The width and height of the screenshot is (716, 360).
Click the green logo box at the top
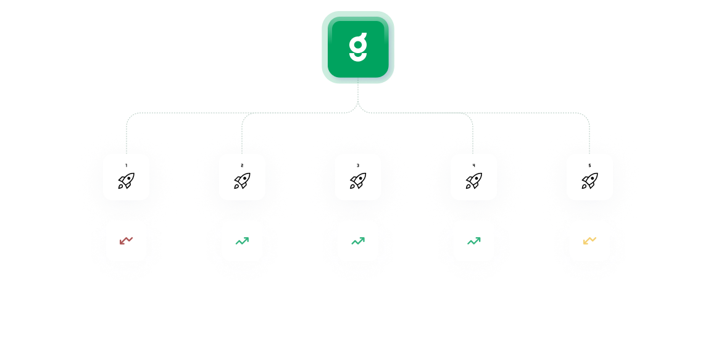click(358, 47)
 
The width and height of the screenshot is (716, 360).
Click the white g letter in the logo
click(358, 47)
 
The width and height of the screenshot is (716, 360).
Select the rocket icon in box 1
click(126, 181)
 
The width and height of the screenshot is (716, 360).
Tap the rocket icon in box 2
click(242, 181)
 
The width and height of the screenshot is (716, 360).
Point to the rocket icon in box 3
click(358, 181)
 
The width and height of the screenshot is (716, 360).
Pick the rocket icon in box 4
click(473, 181)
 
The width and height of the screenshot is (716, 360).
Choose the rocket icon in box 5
click(589, 181)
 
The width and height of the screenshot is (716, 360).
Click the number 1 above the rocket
click(126, 165)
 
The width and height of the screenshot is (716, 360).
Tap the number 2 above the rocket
click(242, 165)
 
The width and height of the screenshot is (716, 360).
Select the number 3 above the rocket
click(358, 165)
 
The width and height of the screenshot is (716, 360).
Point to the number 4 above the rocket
click(473, 165)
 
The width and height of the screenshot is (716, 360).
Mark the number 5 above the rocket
click(589, 165)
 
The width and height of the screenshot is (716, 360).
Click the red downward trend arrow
click(126, 240)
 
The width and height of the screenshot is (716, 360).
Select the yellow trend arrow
click(589, 240)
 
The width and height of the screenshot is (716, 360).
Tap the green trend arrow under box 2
click(242, 240)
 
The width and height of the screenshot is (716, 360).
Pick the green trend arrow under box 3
click(358, 240)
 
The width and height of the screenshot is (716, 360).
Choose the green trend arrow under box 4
click(473, 240)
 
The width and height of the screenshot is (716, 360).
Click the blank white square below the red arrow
click(126, 298)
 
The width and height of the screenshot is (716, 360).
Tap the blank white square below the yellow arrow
click(589, 298)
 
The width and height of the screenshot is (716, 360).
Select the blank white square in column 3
click(358, 298)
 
